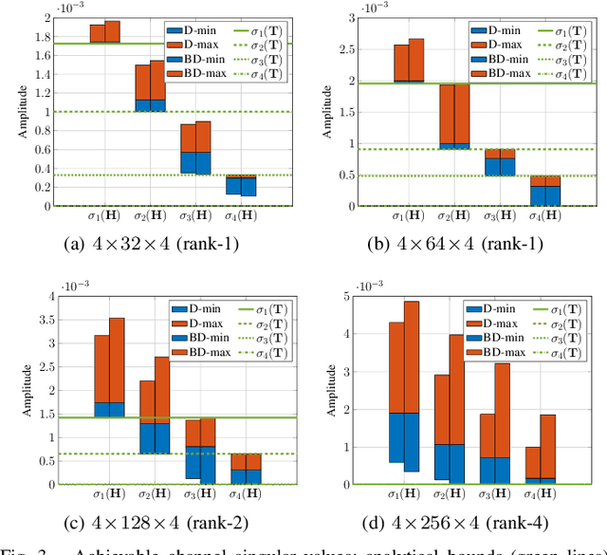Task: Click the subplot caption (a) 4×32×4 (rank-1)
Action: (x=152, y=243)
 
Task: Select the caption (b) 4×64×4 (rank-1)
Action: (x=455, y=243)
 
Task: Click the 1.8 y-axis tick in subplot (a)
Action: (x=43, y=37)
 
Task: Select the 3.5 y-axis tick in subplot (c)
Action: (x=43, y=321)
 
